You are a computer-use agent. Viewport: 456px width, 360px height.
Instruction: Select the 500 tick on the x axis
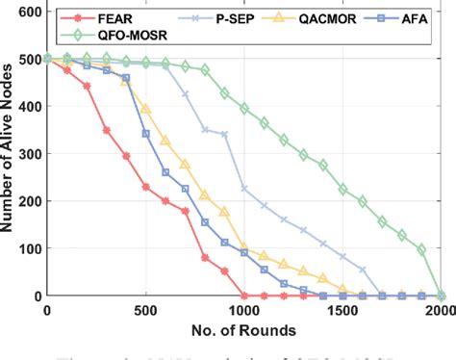pos(145,311)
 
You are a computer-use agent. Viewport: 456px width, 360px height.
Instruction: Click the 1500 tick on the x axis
pos(342,311)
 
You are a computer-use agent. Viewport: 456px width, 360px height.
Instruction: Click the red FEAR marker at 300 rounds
pos(107,130)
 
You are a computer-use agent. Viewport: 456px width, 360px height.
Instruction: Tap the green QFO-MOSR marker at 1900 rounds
pos(421,250)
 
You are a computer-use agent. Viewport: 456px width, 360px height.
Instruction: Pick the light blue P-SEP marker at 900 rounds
pos(225,135)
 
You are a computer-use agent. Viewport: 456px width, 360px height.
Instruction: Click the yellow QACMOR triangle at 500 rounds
pos(146,108)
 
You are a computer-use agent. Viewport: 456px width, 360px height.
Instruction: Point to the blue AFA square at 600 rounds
pos(165,172)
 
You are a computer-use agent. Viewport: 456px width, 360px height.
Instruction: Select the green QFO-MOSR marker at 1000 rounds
pos(244,108)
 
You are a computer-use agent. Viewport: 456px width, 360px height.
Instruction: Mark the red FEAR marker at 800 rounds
pos(205,258)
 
